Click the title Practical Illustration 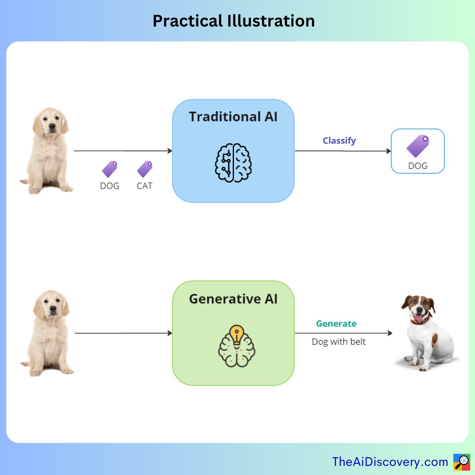(234, 21)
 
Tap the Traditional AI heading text (233, 117)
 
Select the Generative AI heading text (233, 299)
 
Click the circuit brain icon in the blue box (233, 163)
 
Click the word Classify (339, 141)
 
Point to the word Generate (336, 324)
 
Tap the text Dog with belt (338, 342)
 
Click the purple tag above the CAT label (145, 169)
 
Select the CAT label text (144, 186)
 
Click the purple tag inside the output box (418, 146)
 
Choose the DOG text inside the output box (418, 166)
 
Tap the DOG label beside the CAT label (110, 186)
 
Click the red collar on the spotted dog (420, 321)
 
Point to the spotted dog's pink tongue (418, 317)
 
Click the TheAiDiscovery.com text (390, 462)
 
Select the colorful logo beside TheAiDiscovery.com (462, 462)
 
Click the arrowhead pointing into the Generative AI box (170, 333)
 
